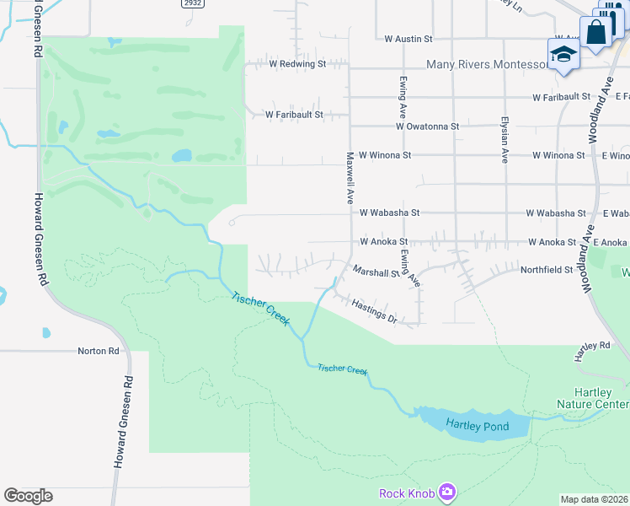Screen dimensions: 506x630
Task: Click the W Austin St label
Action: click(x=408, y=39)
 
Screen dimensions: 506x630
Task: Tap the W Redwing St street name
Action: click(x=297, y=64)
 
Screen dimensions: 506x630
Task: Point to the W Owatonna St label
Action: click(x=427, y=126)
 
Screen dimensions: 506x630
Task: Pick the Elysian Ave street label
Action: click(x=505, y=139)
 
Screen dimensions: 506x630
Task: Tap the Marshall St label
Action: click(x=376, y=272)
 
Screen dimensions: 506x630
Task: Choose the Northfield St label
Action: click(x=546, y=270)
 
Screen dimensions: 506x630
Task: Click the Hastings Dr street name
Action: click(x=374, y=311)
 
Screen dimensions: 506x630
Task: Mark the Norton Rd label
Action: click(x=99, y=350)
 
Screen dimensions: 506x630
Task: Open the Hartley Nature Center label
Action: click(x=591, y=398)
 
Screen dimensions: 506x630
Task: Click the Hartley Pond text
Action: click(x=478, y=427)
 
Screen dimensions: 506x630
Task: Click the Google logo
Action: click(x=28, y=496)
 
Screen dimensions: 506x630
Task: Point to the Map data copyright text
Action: click(x=595, y=499)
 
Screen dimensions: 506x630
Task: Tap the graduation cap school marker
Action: click(x=563, y=55)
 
